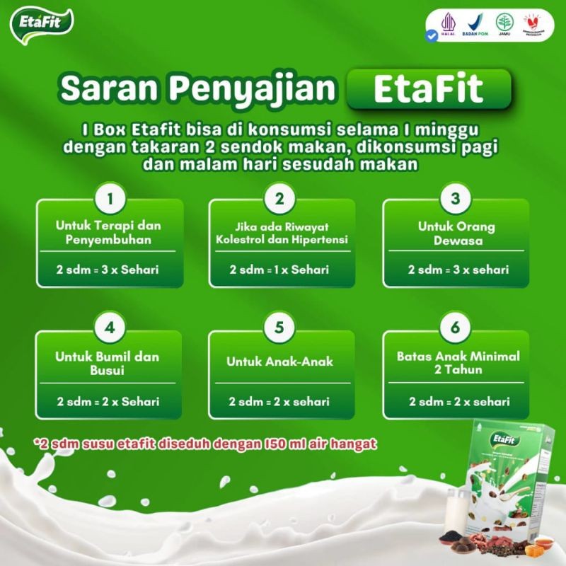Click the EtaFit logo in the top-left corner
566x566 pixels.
coord(42,24)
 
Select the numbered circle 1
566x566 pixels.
coord(109,198)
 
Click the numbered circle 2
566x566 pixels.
coord(280,198)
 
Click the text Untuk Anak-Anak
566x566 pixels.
coord(279,362)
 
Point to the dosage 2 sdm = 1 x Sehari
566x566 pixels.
coord(279,270)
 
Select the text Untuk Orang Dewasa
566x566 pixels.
coord(456,233)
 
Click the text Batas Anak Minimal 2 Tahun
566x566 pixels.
coord(458,363)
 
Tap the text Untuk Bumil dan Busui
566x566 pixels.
coord(108,363)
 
